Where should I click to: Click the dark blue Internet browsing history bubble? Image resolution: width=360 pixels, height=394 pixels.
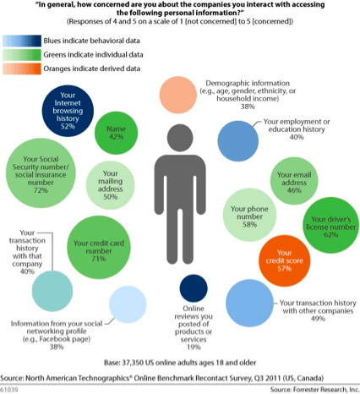[x=68, y=111]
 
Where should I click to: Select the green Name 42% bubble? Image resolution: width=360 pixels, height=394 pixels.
[x=116, y=133]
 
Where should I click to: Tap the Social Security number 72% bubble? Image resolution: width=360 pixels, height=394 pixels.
[x=41, y=173]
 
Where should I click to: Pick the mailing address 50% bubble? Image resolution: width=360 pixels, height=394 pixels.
[x=110, y=185]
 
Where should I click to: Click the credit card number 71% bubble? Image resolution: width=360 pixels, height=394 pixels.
[x=99, y=248]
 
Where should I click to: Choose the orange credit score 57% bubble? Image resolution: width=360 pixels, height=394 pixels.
[x=285, y=260]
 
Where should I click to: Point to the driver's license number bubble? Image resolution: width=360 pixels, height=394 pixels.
[x=330, y=225]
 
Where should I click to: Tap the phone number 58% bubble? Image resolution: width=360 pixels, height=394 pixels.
[x=249, y=215]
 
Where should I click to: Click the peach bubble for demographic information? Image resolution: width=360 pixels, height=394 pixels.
[x=178, y=95]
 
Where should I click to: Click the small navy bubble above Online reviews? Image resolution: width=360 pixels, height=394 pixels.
[x=194, y=288]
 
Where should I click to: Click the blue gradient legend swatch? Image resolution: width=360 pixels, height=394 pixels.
[x=22, y=41]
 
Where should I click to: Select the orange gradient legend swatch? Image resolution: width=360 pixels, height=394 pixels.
[x=22, y=68]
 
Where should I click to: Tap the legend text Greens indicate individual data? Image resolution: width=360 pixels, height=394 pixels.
[x=93, y=55]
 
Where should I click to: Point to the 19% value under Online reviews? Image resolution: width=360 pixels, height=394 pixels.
[x=194, y=347]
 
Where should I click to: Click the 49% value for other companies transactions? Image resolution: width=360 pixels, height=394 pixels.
[x=318, y=319]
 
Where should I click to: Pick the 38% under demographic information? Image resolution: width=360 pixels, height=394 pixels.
[x=248, y=107]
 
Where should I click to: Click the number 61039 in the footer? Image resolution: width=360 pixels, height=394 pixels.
[x=9, y=390]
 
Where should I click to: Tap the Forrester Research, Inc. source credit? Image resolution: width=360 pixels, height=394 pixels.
[x=315, y=390]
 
